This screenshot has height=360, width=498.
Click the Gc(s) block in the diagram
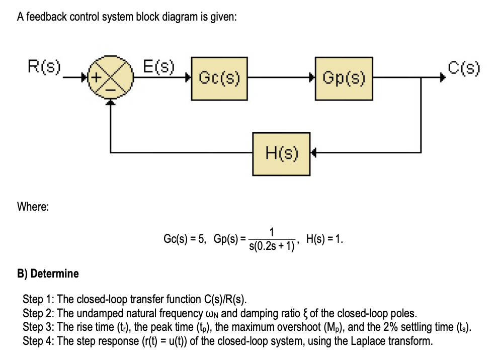point(219,78)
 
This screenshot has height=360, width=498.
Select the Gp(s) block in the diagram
point(345,78)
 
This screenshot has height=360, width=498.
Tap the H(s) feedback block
point(281,151)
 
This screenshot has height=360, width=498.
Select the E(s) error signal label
point(158,66)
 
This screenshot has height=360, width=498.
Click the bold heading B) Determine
point(48,274)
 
